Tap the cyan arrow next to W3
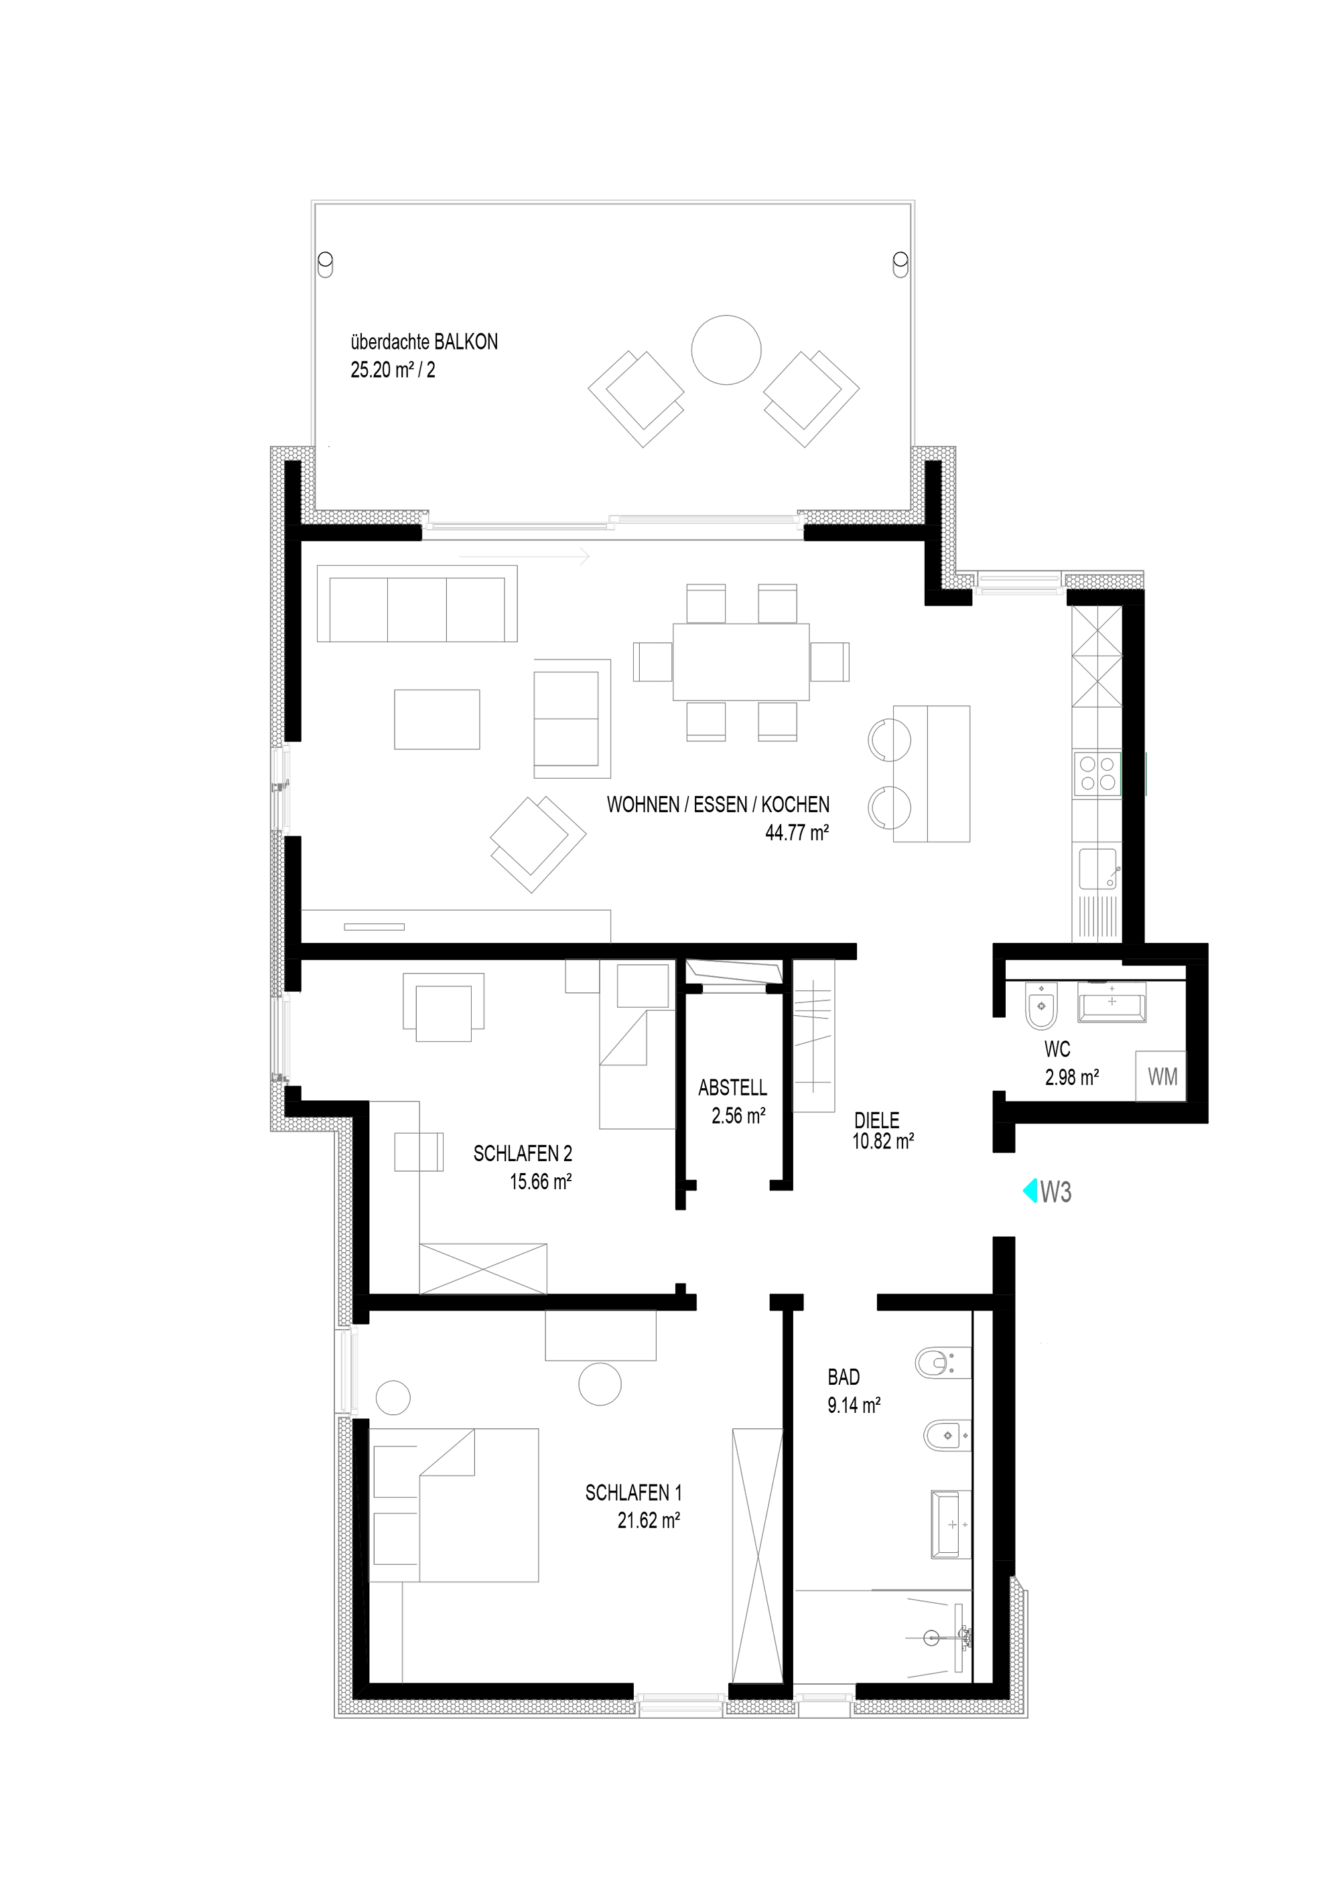pyautogui.click(x=1030, y=1191)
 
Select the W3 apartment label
pyautogui.click(x=1056, y=1192)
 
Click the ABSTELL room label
pyautogui.click(x=732, y=1088)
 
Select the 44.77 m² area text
pyautogui.click(x=797, y=833)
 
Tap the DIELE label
pyautogui.click(x=877, y=1120)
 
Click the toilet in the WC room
pyautogui.click(x=1041, y=1007)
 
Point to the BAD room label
pyautogui.click(x=844, y=1377)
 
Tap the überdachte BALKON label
pyautogui.click(x=424, y=342)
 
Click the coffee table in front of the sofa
pyautogui.click(x=437, y=719)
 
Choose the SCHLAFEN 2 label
pyautogui.click(x=523, y=1153)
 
